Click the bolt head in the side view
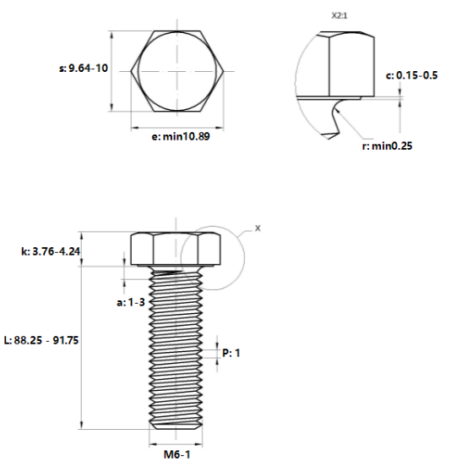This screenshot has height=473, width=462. click(177, 249)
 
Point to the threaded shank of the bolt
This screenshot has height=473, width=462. click(177, 347)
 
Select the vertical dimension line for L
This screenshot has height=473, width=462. click(82, 338)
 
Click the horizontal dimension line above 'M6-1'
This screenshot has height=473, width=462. click(177, 443)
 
